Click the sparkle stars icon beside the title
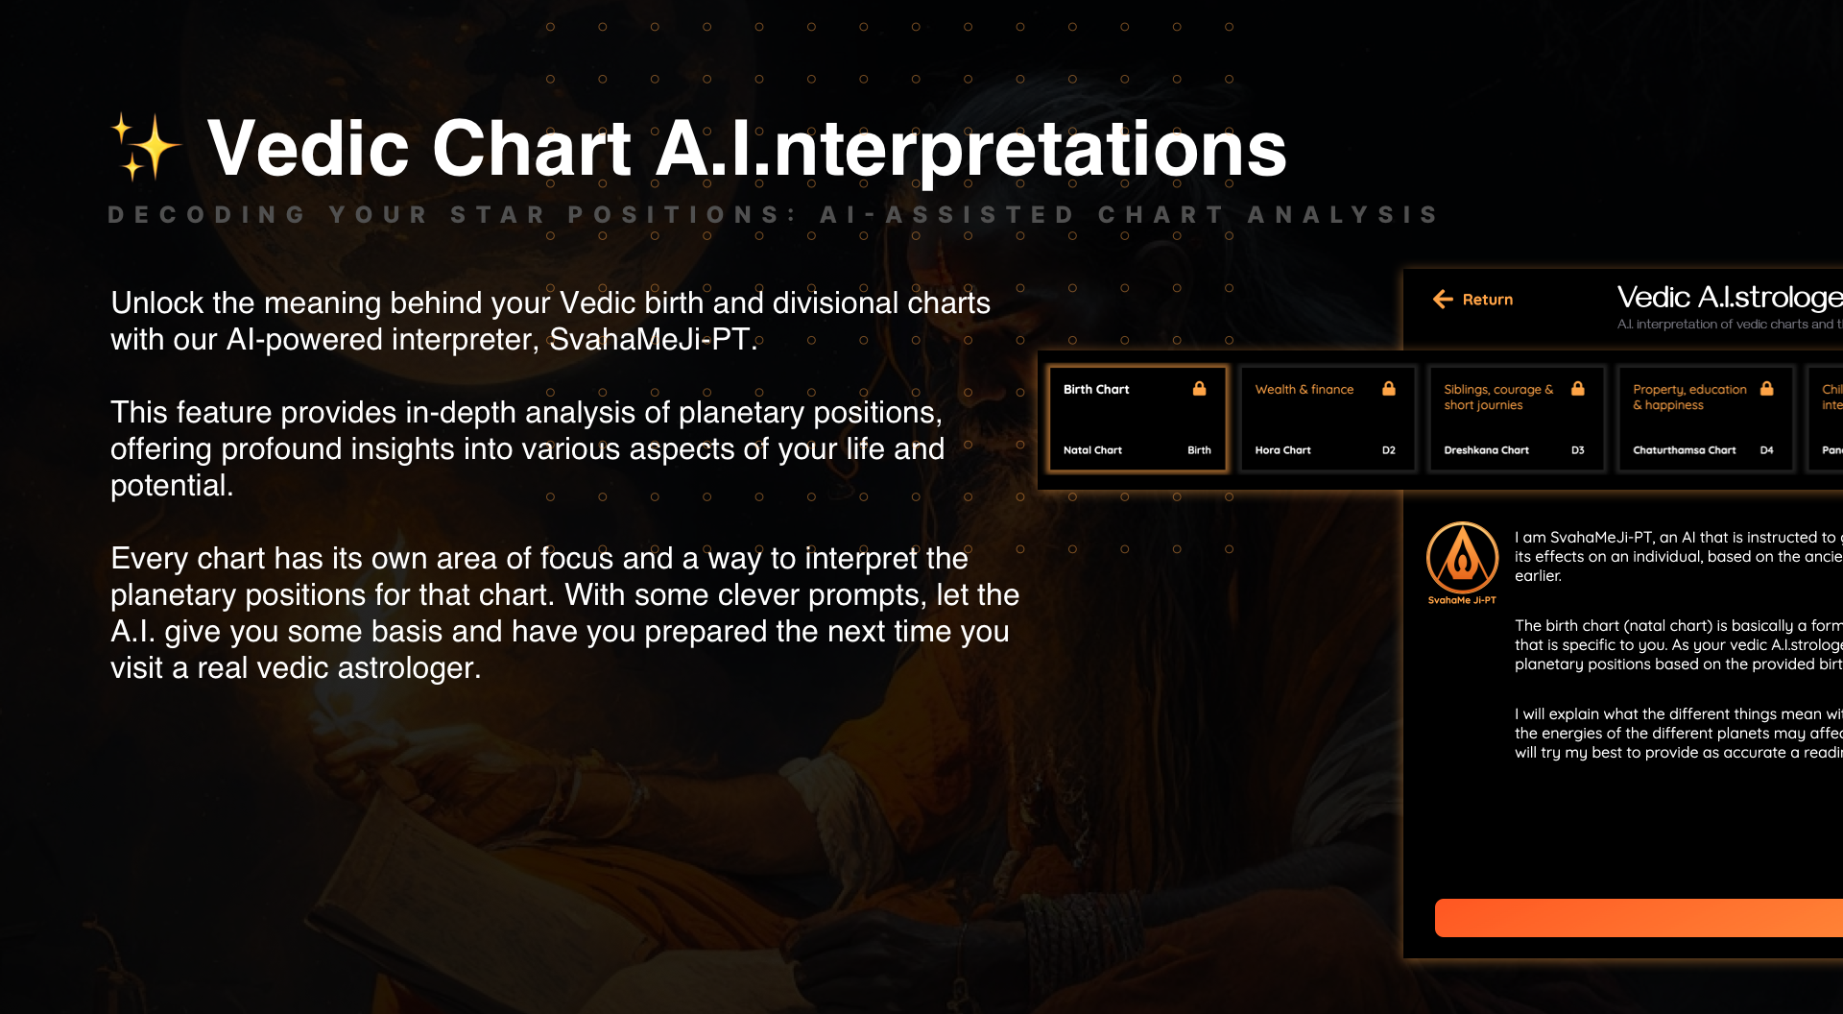tap(145, 148)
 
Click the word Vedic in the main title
tap(308, 149)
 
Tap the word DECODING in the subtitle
tap(206, 214)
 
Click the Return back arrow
tap(1443, 300)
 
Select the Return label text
tap(1487, 300)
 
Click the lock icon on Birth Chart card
tap(1199, 389)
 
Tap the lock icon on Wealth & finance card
tap(1388, 389)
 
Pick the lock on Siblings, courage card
tap(1577, 389)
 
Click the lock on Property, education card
tap(1766, 389)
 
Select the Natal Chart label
tap(1092, 450)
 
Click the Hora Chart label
tap(1282, 450)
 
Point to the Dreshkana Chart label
tap(1486, 450)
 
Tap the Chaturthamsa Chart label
tap(1684, 450)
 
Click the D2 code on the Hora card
tap(1388, 450)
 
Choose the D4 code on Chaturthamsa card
tap(1766, 450)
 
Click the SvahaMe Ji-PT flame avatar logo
tap(1462, 559)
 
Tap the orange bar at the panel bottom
tap(1637, 918)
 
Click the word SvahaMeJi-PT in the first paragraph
tap(649, 340)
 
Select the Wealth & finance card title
tap(1304, 390)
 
